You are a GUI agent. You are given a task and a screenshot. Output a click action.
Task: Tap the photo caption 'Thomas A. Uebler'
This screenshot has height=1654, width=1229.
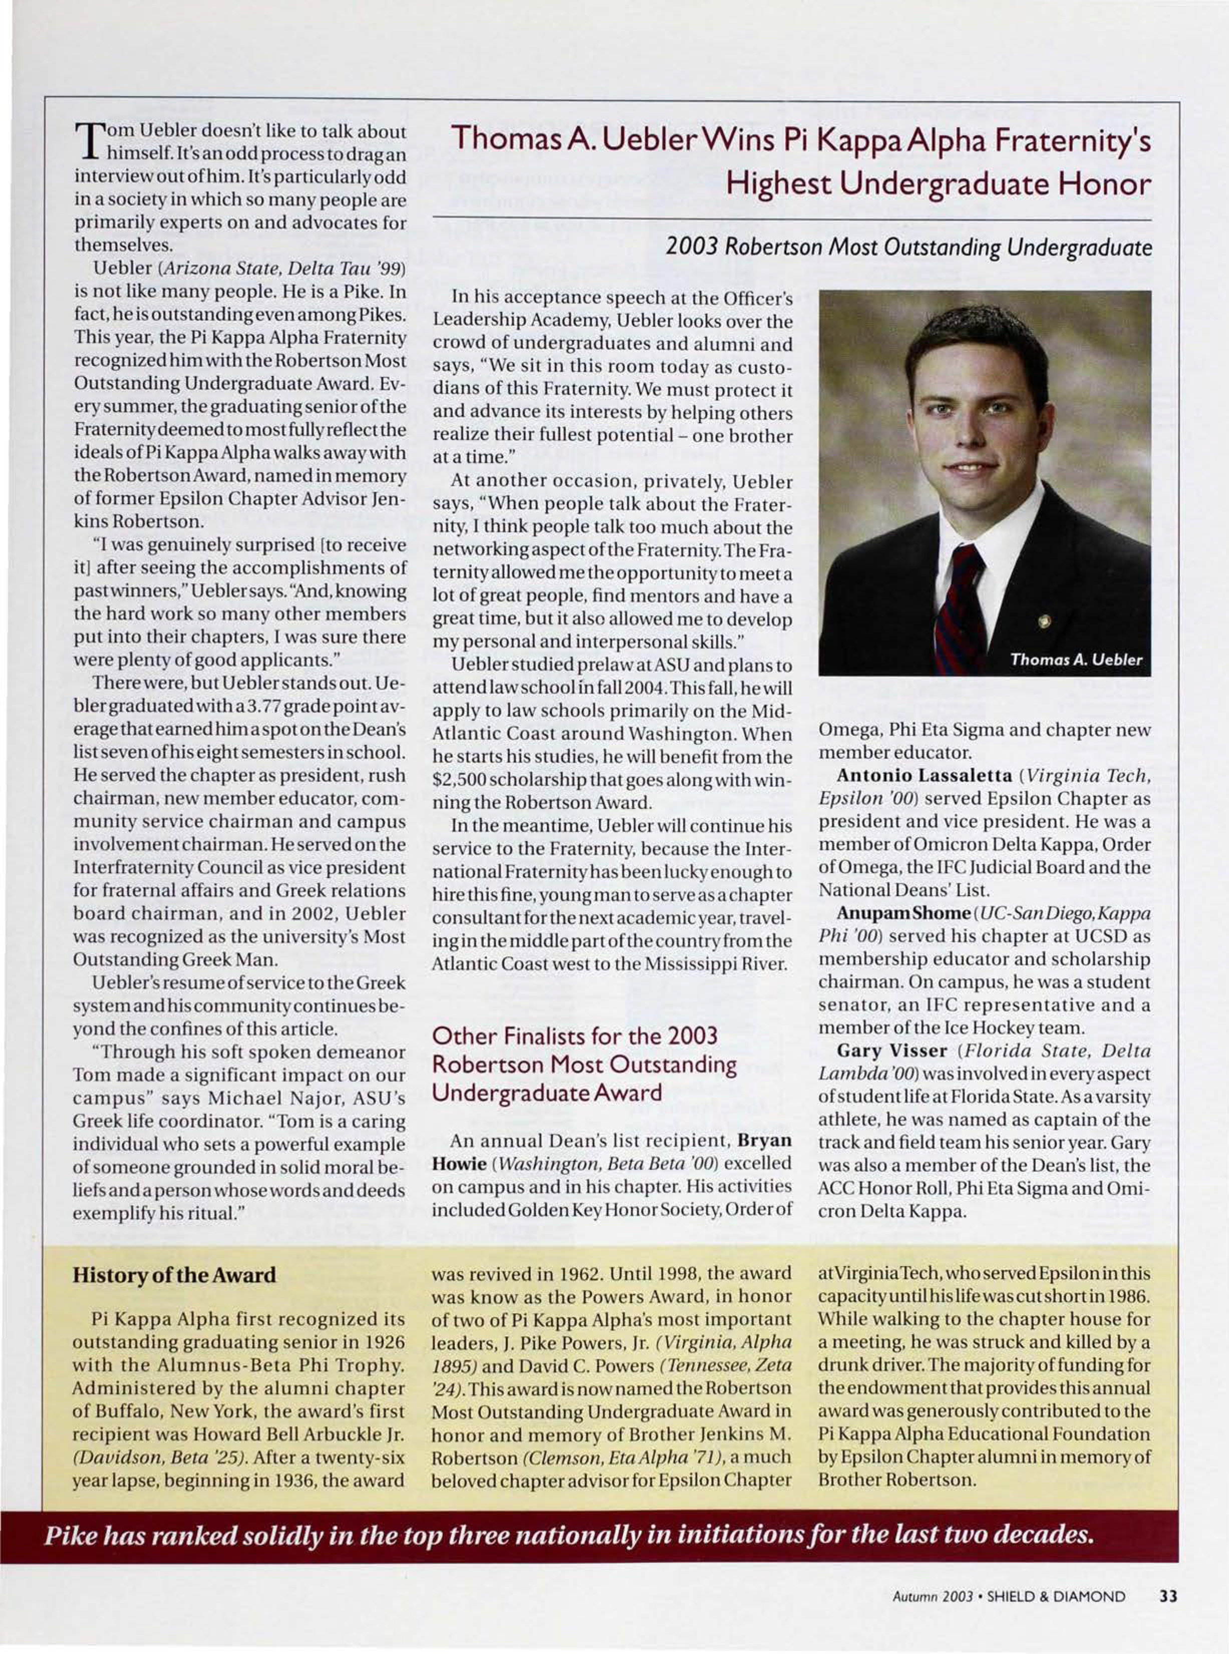(1076, 660)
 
